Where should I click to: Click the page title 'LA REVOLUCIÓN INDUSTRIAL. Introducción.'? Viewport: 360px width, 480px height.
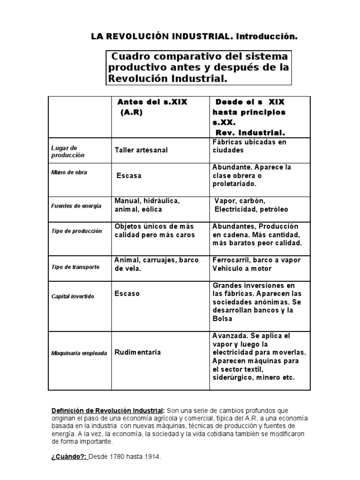pos(194,36)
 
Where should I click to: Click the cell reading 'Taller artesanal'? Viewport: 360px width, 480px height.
pos(141,150)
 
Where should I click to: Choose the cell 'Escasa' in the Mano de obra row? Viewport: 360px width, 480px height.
pos(129,176)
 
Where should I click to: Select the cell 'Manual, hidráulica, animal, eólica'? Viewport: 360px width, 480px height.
pos(147,205)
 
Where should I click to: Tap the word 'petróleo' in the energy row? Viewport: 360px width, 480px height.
pos(275,209)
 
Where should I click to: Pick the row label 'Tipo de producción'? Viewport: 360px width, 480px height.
pos(76,232)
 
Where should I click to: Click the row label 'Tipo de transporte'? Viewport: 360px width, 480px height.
pos(75,267)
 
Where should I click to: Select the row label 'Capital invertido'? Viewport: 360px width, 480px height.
pos(73,297)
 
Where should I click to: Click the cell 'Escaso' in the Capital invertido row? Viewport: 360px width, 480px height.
pos(127,294)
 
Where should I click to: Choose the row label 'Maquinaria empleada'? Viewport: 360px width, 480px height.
pos(79,353)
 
